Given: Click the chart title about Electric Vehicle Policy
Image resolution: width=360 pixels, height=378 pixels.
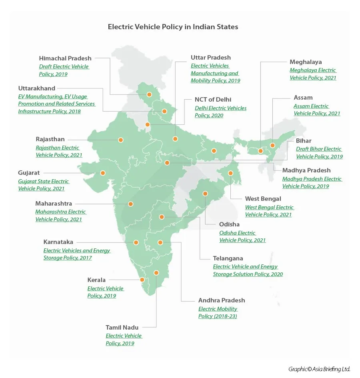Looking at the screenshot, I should tap(173, 27).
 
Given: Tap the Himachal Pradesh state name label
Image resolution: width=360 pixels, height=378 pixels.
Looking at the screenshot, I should tap(65, 58).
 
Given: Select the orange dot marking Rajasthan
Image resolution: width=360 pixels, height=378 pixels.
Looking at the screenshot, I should tap(120, 140).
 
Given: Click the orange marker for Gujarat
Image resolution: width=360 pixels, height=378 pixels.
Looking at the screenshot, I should tap(103, 173).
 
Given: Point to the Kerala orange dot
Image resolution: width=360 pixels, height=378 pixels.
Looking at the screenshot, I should tap(142, 280).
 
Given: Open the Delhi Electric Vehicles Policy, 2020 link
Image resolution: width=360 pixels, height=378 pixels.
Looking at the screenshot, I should tap(220, 112).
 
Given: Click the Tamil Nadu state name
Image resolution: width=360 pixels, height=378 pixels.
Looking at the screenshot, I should tap(122, 328).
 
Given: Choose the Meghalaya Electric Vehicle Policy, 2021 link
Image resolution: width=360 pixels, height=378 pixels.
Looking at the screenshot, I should tap(313, 74).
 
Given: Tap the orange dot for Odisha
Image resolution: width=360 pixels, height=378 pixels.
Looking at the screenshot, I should tap(205, 194).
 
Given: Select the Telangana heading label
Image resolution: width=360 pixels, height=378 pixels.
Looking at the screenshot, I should tap(228, 258).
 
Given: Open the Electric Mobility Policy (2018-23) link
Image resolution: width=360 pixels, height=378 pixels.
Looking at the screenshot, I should tap(218, 312).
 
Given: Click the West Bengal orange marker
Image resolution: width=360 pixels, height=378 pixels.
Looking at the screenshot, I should tap(230, 173).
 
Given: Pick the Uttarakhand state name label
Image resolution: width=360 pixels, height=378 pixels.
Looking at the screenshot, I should tap(37, 88).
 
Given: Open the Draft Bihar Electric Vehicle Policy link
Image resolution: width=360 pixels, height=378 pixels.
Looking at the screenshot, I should tap(319, 153).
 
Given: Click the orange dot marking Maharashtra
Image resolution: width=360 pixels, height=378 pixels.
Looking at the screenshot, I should tap(130, 204).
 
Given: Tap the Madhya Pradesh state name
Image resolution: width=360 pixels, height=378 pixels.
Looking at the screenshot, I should tap(306, 170).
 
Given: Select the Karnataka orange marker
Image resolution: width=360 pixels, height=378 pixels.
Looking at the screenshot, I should tap(136, 242).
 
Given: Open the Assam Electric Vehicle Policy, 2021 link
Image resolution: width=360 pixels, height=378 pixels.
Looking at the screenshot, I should tap(317, 110).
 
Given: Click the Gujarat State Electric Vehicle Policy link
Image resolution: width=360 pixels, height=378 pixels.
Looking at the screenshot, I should tap(43, 185).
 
